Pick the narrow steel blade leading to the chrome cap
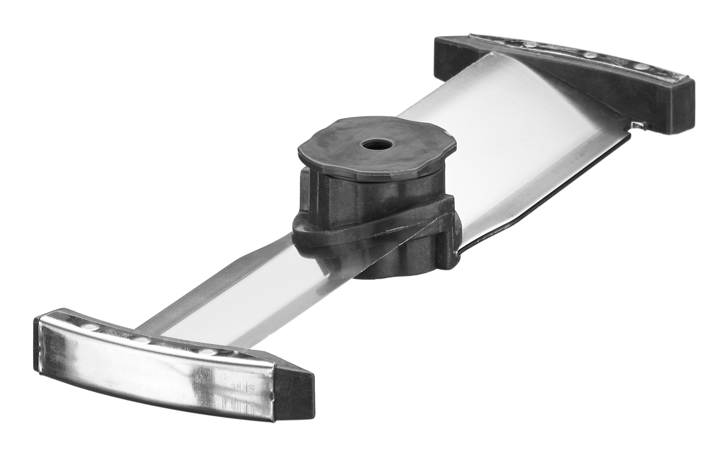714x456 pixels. [x=237, y=297]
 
